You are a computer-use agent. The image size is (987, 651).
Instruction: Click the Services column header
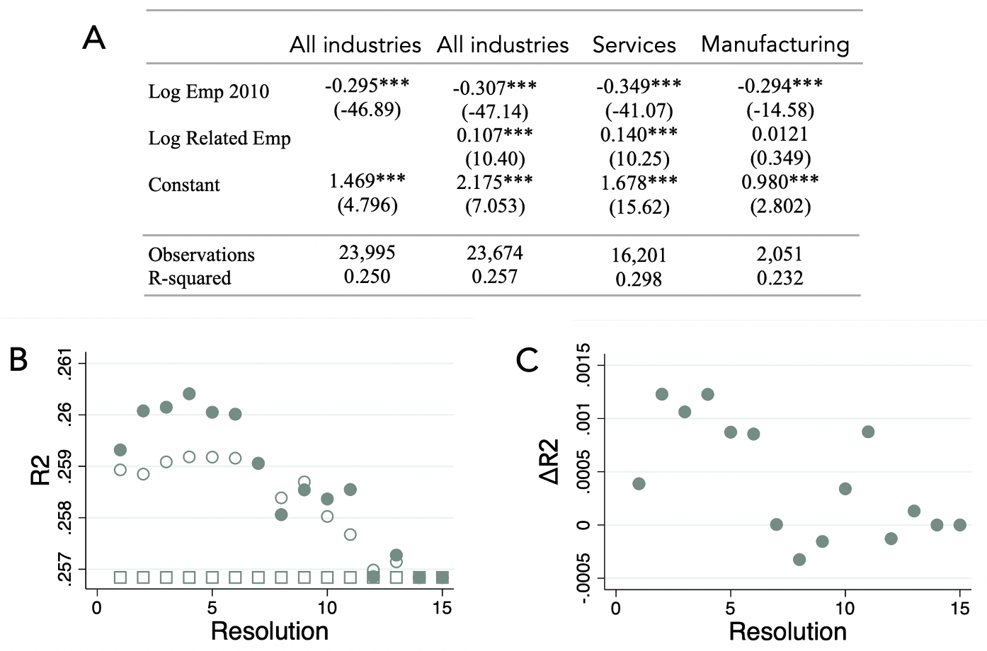tap(634, 45)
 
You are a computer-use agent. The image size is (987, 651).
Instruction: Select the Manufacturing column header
tap(775, 45)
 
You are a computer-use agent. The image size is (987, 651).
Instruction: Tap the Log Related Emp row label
tap(219, 138)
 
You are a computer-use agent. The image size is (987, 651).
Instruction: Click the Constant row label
tap(184, 185)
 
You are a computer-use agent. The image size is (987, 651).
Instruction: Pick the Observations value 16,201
tap(639, 255)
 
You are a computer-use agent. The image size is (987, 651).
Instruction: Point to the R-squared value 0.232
tap(780, 278)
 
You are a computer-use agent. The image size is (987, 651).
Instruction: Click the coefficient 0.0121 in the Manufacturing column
tap(780, 134)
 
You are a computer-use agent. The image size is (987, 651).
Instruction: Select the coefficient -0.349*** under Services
tap(638, 86)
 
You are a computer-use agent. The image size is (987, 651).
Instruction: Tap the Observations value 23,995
tap(367, 253)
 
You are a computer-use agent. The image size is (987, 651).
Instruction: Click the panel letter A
tap(94, 38)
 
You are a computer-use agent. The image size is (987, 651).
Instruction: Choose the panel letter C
tap(527, 360)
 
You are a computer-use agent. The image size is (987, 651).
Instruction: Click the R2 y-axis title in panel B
tap(40, 470)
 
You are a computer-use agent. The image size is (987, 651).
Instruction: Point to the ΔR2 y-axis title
tap(549, 461)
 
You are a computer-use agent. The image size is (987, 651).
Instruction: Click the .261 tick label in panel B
tap(64, 364)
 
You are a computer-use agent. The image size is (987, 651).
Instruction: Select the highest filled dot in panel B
tap(189, 393)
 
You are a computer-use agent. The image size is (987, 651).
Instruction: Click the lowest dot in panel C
tap(799, 560)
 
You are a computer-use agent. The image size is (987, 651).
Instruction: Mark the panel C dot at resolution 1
tap(639, 484)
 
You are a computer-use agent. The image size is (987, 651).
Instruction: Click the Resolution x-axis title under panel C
tap(787, 631)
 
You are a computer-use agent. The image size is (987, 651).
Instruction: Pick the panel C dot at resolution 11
tap(868, 432)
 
